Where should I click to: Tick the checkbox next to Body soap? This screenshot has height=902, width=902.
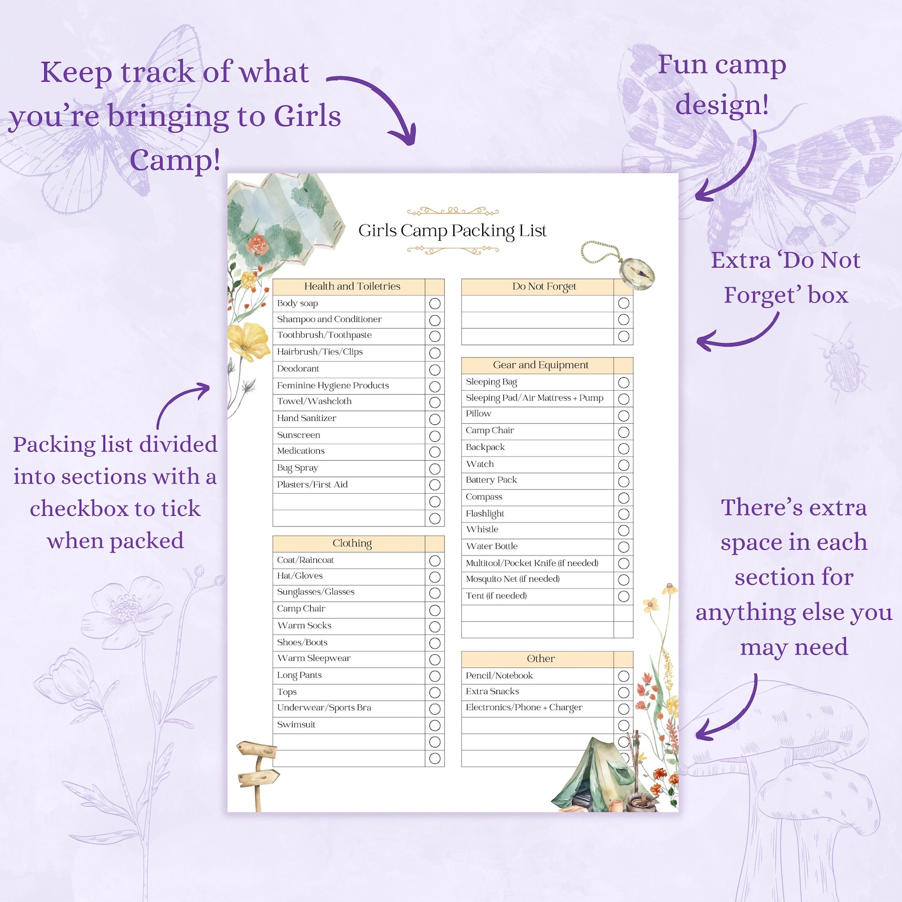click(x=435, y=303)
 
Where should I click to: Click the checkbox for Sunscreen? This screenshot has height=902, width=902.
click(x=435, y=436)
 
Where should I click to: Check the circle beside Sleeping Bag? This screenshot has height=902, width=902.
click(x=623, y=382)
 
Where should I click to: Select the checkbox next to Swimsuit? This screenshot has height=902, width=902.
click(x=435, y=725)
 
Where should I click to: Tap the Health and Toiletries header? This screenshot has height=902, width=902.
click(x=352, y=286)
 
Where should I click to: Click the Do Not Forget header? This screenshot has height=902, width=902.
click(x=544, y=286)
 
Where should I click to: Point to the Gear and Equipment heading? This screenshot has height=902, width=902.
click(x=540, y=365)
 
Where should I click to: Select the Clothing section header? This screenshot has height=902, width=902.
click(x=352, y=543)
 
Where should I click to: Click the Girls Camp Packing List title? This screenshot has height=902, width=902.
click(x=452, y=231)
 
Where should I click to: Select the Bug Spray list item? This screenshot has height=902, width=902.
click(x=298, y=468)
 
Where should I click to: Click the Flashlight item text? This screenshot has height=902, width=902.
click(x=485, y=513)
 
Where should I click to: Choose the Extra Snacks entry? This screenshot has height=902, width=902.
click(x=492, y=691)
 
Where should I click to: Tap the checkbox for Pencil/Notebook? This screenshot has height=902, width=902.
click(x=623, y=676)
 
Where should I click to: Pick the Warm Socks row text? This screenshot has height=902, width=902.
click(x=304, y=625)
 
